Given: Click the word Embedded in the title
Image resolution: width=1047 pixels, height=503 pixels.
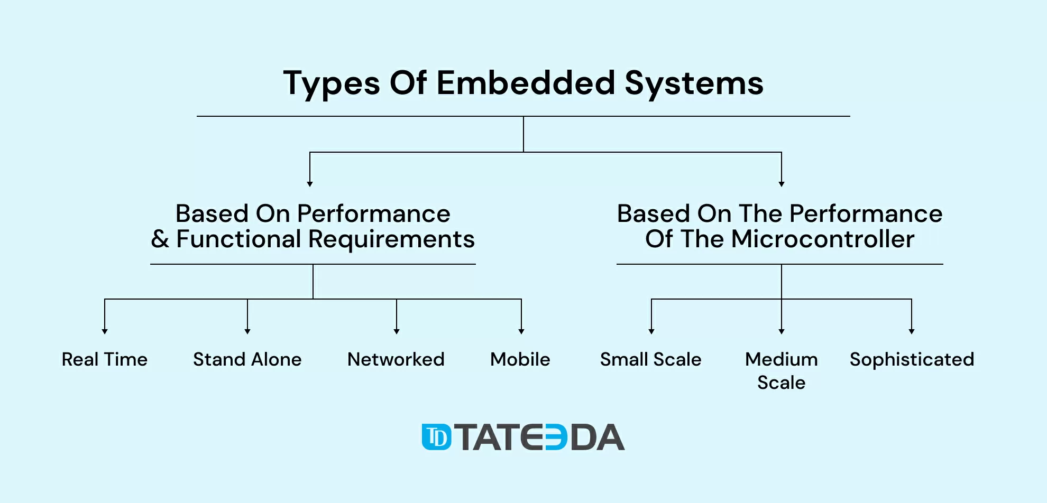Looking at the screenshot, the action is [x=526, y=83].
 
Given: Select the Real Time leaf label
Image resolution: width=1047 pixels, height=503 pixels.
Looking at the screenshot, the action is [x=105, y=359].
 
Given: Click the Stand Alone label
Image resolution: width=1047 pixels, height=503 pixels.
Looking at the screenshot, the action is [x=247, y=359].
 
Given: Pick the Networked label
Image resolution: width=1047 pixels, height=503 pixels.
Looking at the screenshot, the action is [x=396, y=359].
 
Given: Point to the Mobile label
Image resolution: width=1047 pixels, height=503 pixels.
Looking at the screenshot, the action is [x=520, y=359].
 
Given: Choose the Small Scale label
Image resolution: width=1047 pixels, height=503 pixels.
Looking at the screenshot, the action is [x=651, y=359].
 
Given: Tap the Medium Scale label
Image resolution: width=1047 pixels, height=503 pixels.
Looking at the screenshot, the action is [x=782, y=370].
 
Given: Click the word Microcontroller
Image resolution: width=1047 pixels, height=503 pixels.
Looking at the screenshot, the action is [x=823, y=239].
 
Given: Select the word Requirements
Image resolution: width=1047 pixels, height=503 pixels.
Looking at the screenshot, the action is [x=391, y=240].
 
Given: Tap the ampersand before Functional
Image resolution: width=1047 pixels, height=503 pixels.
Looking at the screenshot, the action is [x=160, y=239].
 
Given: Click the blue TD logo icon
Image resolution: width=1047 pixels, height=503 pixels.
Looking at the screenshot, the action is [x=437, y=437].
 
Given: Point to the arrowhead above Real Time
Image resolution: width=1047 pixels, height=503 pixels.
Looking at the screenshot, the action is [x=105, y=331].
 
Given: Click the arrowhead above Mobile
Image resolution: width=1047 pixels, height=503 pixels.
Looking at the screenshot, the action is [x=521, y=331].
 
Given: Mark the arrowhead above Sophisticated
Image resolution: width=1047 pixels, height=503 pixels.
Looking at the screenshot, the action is [x=912, y=331].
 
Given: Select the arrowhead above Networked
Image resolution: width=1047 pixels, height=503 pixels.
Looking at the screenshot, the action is [x=397, y=331].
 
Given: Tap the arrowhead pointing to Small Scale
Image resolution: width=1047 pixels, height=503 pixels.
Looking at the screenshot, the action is [x=651, y=331].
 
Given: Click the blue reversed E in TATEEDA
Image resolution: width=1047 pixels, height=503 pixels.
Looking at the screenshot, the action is [x=556, y=437].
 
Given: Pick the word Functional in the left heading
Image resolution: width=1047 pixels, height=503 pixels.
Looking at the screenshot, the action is [x=238, y=239].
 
